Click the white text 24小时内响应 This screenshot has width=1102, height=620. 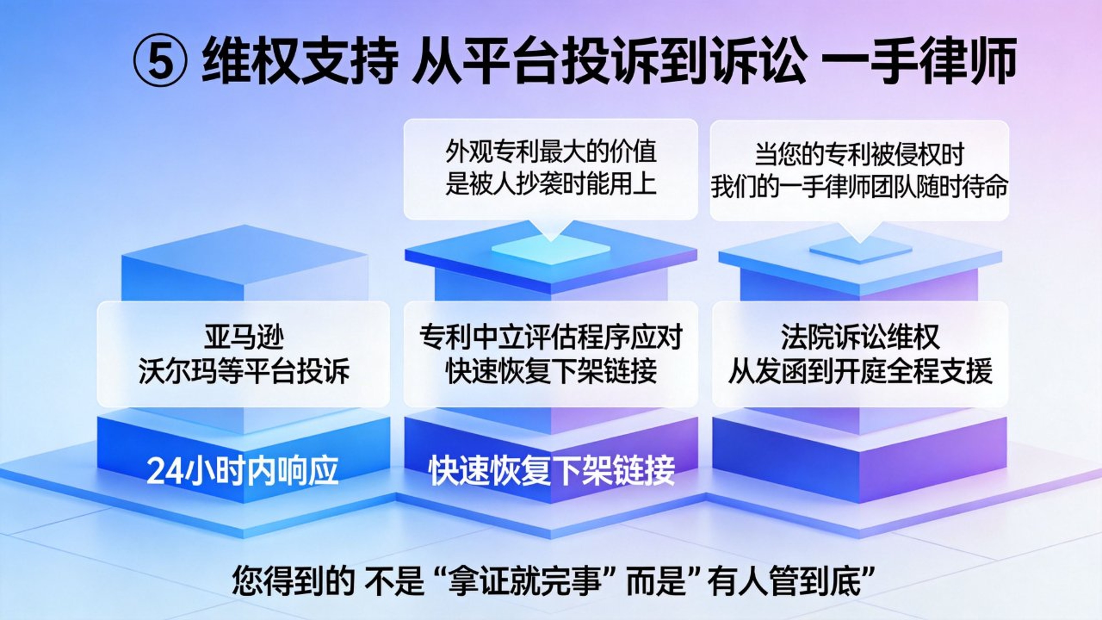[x=242, y=471]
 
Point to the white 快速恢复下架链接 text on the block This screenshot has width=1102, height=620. [x=552, y=471]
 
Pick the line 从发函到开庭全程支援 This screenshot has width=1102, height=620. [x=860, y=370]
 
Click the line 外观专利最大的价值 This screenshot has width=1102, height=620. [x=551, y=152]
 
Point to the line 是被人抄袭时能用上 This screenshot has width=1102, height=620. [x=551, y=184]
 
